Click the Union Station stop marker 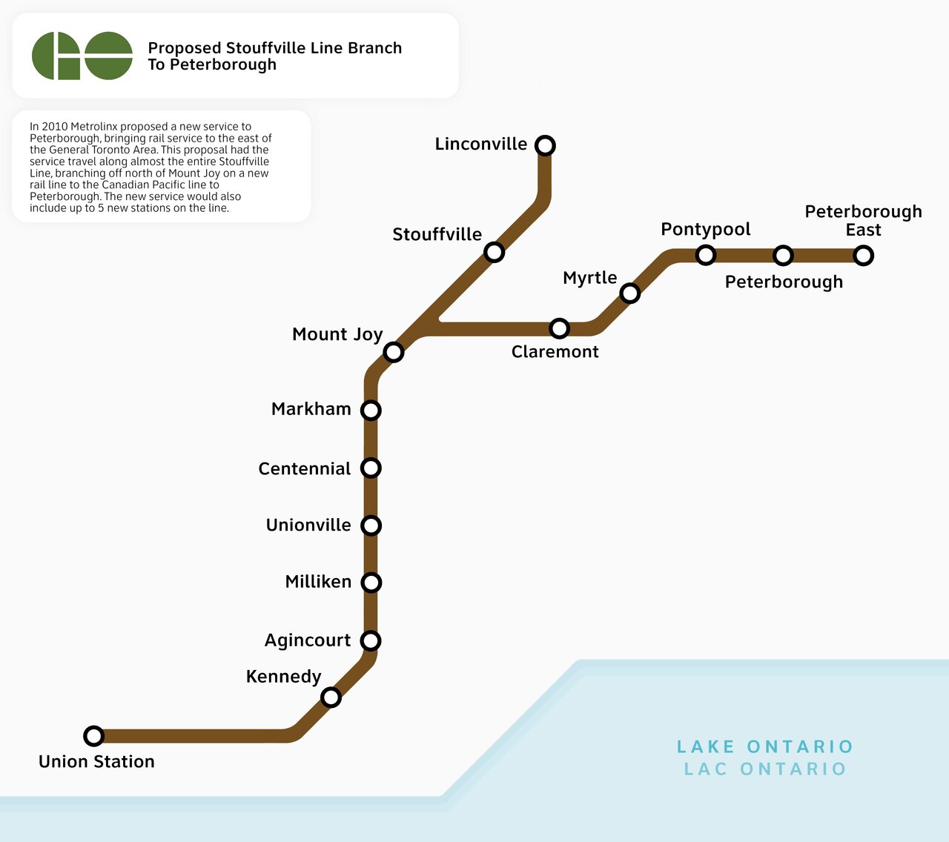pyautogui.click(x=93, y=736)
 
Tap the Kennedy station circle pyautogui.click(x=331, y=697)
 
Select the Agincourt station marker pyautogui.click(x=371, y=640)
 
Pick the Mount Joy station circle pyautogui.click(x=394, y=352)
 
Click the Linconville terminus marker pyautogui.click(x=545, y=145)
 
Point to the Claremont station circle pyautogui.click(x=560, y=328)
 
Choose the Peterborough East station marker pyautogui.click(x=863, y=256)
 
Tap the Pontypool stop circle pyautogui.click(x=706, y=255)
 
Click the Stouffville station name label pyautogui.click(x=437, y=235)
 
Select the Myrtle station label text pyautogui.click(x=589, y=278)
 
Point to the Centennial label pyautogui.click(x=304, y=468)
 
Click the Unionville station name pyautogui.click(x=308, y=526)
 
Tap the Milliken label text pyautogui.click(x=318, y=582)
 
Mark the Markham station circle pyautogui.click(x=371, y=410)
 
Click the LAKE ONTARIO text pyautogui.click(x=765, y=746)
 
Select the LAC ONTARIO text pyautogui.click(x=765, y=769)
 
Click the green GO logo pyautogui.click(x=82, y=56)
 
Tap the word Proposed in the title pyautogui.click(x=185, y=48)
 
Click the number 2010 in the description pyautogui.click(x=54, y=127)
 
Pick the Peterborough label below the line pyautogui.click(x=784, y=282)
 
